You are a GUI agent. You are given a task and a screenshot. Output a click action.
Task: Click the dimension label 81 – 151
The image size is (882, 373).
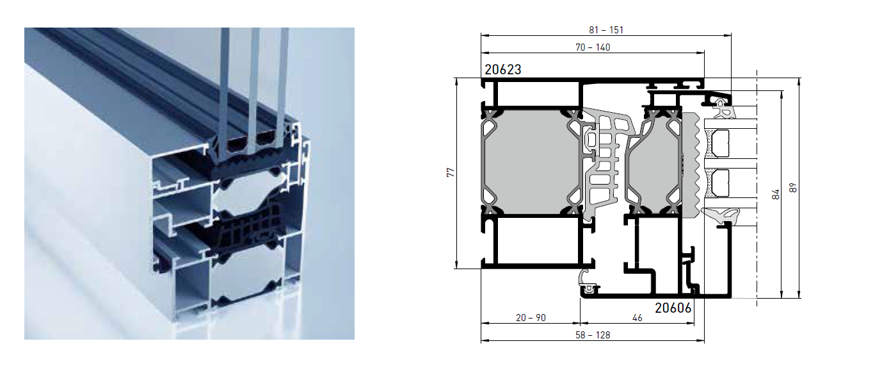[x=606, y=30]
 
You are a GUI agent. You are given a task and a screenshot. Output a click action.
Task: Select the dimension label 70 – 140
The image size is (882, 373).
[x=593, y=47]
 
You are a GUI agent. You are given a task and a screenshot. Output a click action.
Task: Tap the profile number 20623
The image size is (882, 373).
[x=503, y=70]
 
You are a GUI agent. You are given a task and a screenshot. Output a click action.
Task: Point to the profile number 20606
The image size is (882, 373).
[x=673, y=308]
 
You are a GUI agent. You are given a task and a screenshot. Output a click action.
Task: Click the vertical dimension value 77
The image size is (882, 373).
[x=451, y=172]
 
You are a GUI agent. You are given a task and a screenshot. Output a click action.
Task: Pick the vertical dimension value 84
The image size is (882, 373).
[x=776, y=194]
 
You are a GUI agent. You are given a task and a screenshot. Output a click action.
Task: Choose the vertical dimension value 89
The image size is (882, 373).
[x=793, y=188]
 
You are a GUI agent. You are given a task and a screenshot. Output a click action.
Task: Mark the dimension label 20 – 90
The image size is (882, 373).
[x=531, y=318]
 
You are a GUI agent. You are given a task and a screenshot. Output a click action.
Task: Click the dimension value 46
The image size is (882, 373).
[x=637, y=318]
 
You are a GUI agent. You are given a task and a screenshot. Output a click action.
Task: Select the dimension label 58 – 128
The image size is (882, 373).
[x=593, y=335]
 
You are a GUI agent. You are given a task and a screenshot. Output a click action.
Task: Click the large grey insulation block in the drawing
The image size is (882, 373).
[x=531, y=162]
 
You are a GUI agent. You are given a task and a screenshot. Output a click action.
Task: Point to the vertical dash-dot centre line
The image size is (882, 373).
[x=757, y=188]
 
